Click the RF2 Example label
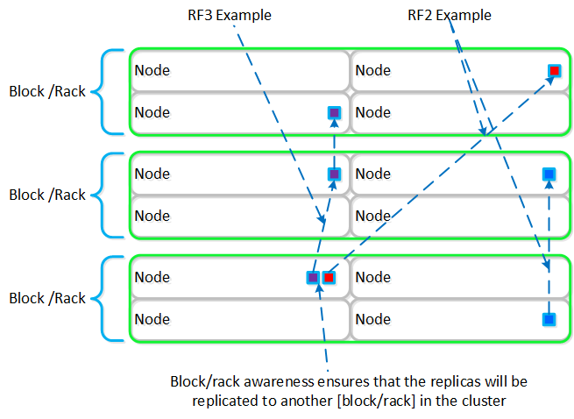click(450, 15)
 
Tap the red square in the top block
click(554, 70)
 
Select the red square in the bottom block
click(329, 277)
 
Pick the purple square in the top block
click(333, 112)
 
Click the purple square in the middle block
click(333, 174)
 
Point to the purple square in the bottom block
click(313, 277)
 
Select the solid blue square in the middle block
click(549, 174)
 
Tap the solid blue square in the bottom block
click(549, 319)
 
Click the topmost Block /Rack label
click(47, 91)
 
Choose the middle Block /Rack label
click(47, 195)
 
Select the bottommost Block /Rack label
click(47, 298)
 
